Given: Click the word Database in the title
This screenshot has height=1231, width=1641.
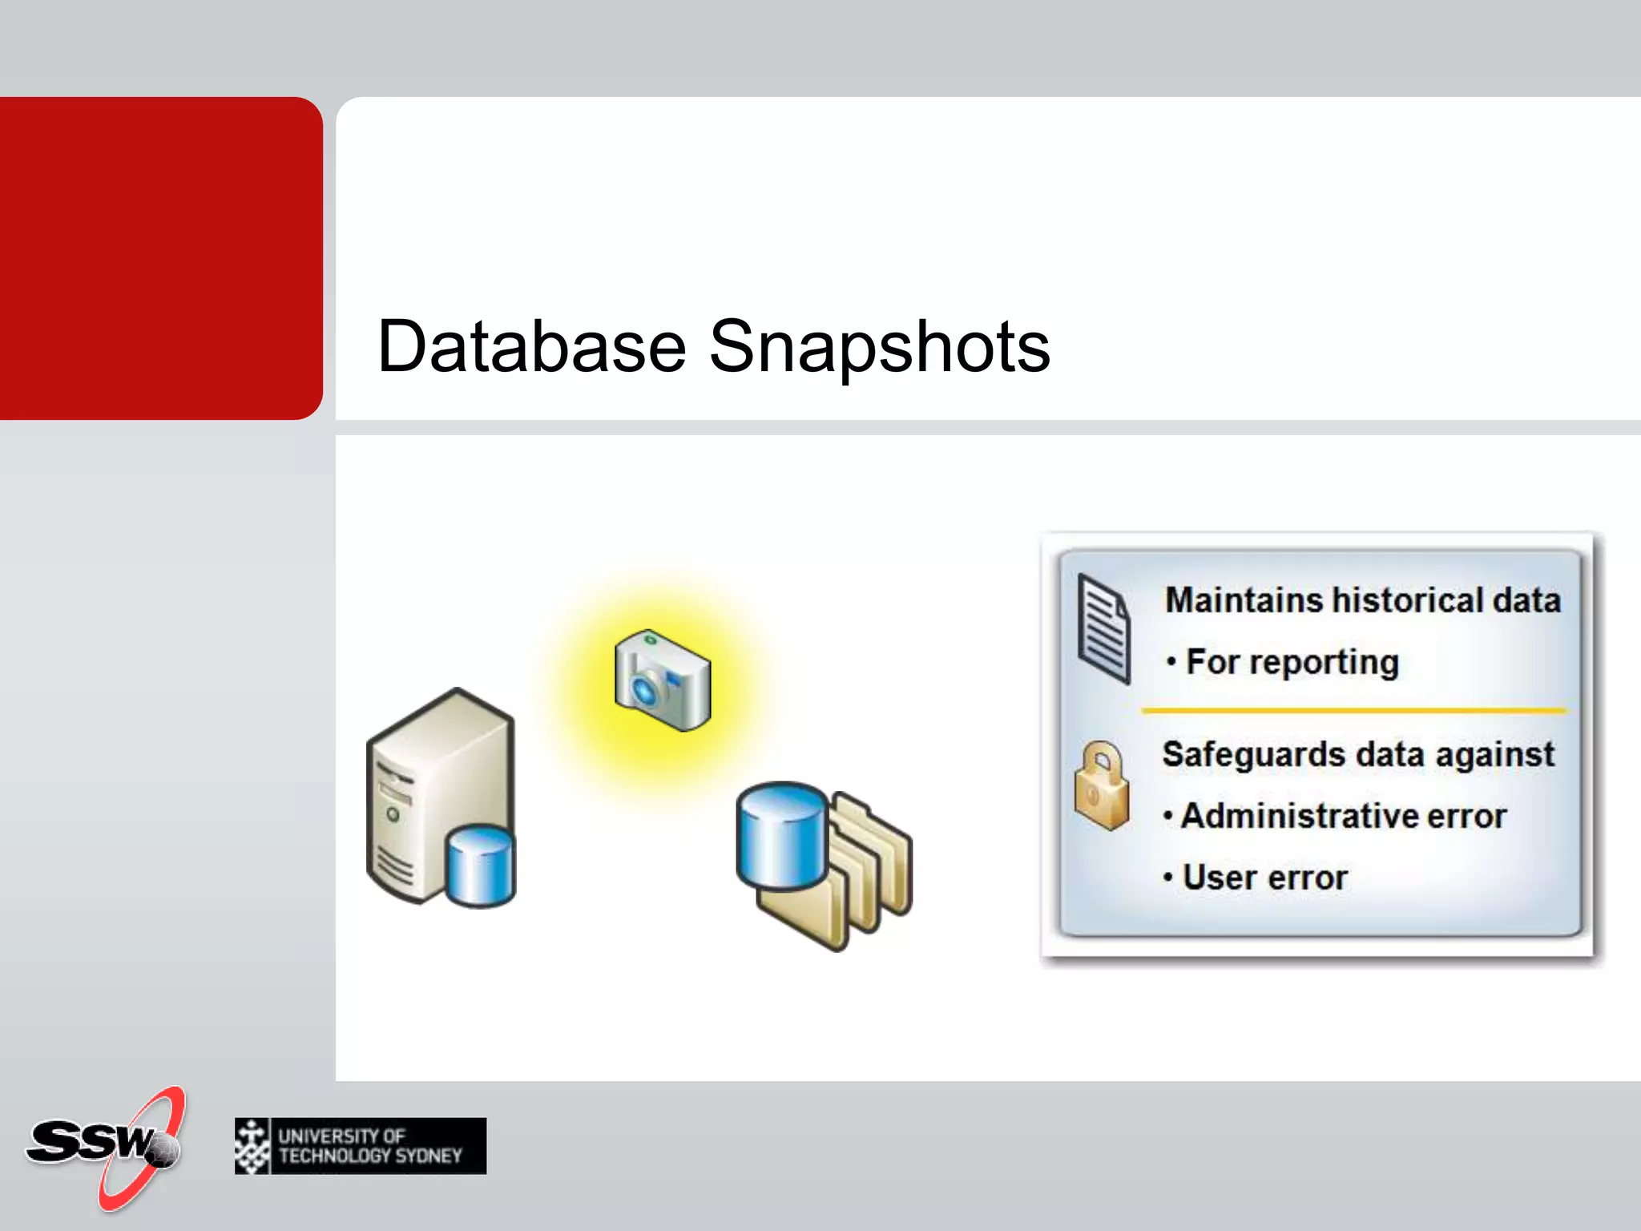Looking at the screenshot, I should click(x=531, y=347).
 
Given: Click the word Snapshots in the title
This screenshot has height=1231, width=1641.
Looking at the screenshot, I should click(x=879, y=347).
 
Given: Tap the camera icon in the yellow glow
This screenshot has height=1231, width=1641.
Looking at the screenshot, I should click(x=663, y=681).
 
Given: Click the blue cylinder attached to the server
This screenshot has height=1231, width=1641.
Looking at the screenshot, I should click(x=481, y=866).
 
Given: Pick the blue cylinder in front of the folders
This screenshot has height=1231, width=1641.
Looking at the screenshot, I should click(x=781, y=835).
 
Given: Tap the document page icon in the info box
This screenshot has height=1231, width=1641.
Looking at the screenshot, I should click(x=1103, y=629).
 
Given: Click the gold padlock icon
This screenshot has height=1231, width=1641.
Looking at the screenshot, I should click(x=1102, y=787).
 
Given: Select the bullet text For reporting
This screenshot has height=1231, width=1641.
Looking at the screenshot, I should click(x=1292, y=662).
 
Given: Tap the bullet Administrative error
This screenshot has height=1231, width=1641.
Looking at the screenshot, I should click(x=1343, y=816).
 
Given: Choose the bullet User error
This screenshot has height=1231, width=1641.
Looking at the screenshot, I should click(x=1264, y=878).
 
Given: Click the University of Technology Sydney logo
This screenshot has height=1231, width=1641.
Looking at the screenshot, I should click(x=361, y=1146).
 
